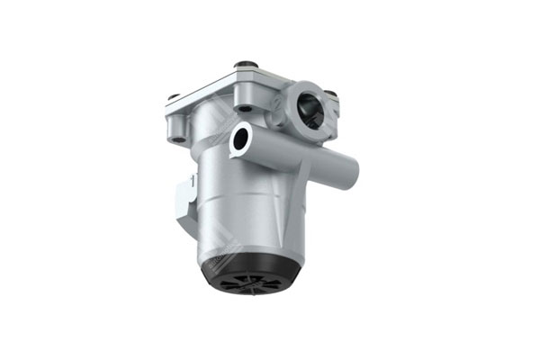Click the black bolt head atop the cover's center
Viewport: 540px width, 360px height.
(x=242, y=65)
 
